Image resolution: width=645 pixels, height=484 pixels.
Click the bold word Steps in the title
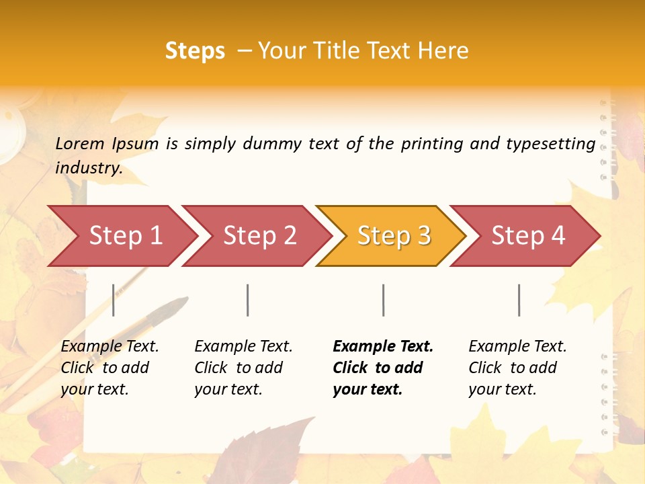point(195,51)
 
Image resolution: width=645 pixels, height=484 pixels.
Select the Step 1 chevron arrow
point(121,236)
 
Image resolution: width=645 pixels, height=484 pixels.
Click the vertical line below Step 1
point(114,300)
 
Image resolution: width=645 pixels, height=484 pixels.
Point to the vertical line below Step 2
point(248,300)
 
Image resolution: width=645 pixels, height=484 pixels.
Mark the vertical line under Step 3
point(384,300)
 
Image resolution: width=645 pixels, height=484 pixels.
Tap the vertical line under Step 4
point(519,300)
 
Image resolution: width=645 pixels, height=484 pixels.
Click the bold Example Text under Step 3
point(383,346)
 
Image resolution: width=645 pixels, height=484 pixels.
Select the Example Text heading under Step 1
point(110,346)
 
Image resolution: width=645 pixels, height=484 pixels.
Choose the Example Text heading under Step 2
point(243,346)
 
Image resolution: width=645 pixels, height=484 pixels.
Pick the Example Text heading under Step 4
point(517,346)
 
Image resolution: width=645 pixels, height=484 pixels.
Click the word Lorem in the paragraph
point(80,143)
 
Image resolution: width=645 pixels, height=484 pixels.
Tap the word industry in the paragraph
point(88,168)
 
